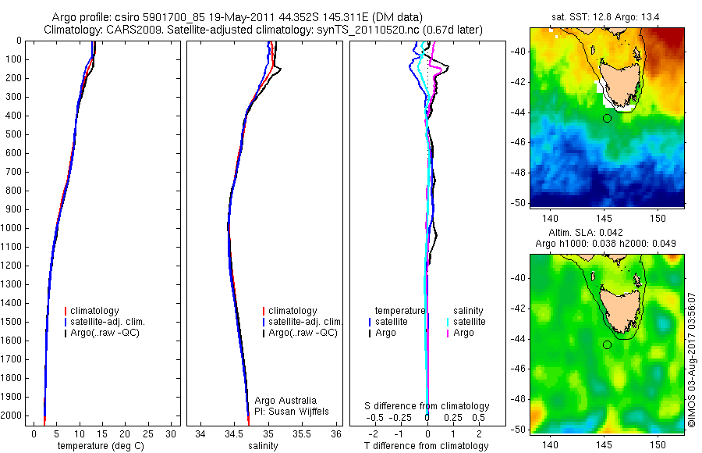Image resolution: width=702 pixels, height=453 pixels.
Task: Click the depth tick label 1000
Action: tap(14, 228)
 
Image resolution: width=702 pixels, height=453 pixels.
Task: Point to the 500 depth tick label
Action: tap(16, 134)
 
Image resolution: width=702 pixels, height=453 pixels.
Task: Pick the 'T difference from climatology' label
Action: tap(427, 446)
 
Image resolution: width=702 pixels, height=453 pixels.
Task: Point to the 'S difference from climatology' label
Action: tap(427, 406)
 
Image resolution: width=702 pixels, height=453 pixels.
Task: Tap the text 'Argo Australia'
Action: tap(285, 401)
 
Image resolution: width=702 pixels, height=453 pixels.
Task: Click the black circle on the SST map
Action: tap(607, 118)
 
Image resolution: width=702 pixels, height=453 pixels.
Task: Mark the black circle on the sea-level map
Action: tap(607, 344)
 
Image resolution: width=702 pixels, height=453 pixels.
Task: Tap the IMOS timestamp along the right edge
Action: tap(693, 359)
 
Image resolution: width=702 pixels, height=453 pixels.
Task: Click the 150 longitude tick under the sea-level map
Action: tap(658, 443)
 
